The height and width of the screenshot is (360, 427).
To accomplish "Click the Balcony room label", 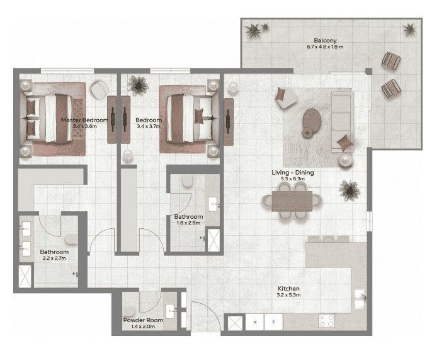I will [x=322, y=40].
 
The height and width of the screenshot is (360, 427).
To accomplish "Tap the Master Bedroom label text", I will [x=84, y=120].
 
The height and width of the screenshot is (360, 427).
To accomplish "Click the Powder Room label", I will [x=144, y=320].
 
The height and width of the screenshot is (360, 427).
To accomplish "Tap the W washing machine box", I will [x=255, y=323].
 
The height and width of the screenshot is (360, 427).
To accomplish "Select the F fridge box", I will [x=273, y=323].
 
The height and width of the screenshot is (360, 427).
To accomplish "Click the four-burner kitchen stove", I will [x=326, y=321].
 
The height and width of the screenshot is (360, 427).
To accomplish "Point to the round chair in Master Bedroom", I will [x=99, y=90].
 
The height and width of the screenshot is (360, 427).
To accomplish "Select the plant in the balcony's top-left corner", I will [x=254, y=30].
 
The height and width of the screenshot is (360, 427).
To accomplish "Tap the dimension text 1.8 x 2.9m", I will [x=188, y=223].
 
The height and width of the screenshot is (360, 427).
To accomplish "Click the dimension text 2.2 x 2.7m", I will [x=54, y=258].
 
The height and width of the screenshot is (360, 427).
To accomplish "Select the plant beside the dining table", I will [x=348, y=189].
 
